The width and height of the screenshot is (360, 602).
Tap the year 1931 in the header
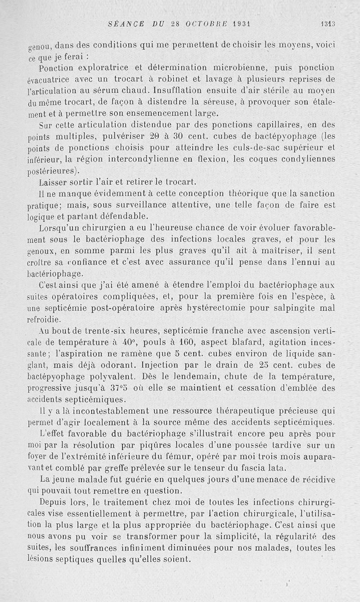239,24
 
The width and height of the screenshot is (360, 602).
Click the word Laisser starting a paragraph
55,182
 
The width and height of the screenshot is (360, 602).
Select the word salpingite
290,308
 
